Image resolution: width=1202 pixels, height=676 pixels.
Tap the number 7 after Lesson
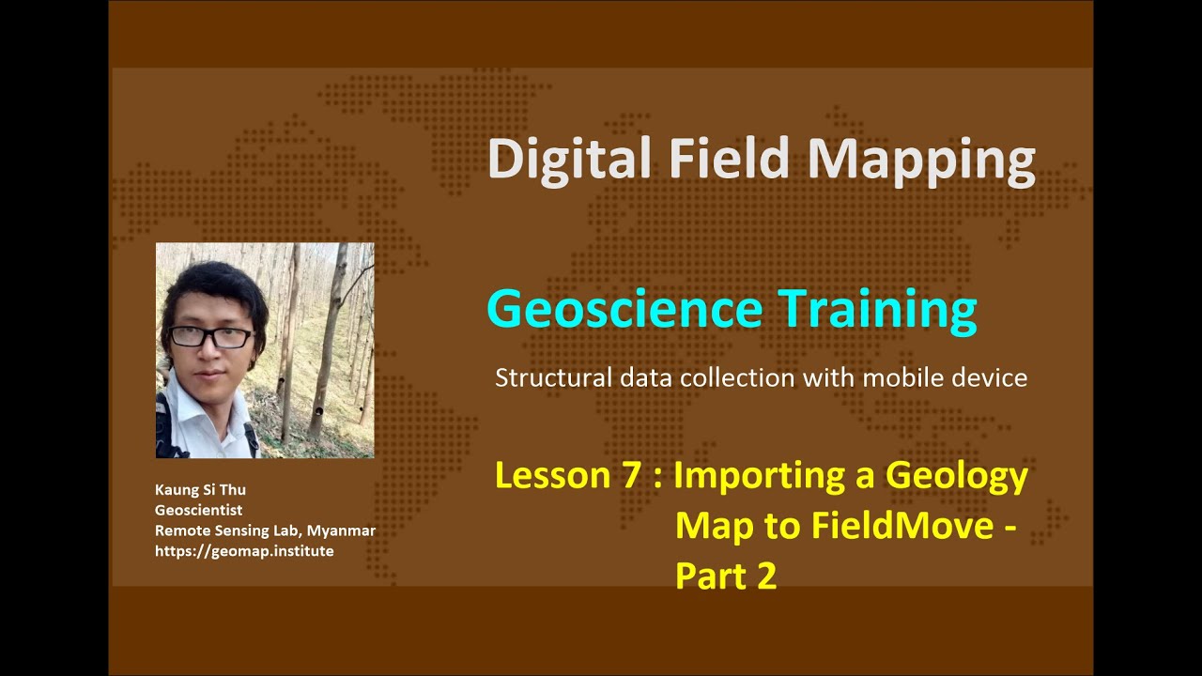(629, 476)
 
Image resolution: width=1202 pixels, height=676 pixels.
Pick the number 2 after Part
(766, 576)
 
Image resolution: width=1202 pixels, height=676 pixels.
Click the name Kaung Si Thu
(200, 489)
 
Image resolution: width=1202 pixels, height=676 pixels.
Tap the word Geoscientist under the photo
(198, 510)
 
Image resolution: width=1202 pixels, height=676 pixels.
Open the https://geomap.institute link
(244, 551)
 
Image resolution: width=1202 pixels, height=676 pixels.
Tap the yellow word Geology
(957, 476)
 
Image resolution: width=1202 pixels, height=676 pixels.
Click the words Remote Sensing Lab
(221, 530)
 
